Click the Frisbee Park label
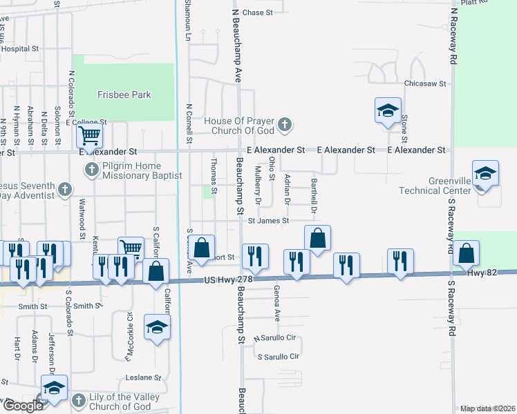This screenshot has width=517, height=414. pyautogui.click(x=124, y=95)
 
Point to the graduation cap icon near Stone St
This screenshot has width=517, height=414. pyautogui.click(x=388, y=110)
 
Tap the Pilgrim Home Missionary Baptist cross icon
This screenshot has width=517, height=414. pyautogui.click(x=91, y=170)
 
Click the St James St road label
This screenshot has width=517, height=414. pyautogui.click(x=268, y=221)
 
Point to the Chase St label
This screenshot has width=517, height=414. pyautogui.click(x=258, y=12)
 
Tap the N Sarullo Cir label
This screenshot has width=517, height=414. pyautogui.click(x=274, y=339)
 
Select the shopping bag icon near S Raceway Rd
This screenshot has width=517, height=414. pyautogui.click(x=467, y=254)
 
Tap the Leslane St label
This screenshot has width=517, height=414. pyautogui.click(x=143, y=378)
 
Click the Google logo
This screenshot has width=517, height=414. pyautogui.click(x=23, y=406)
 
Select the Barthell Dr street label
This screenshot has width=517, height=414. pyautogui.click(x=314, y=195)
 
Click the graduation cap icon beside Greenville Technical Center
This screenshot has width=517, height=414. pyautogui.click(x=485, y=174)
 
